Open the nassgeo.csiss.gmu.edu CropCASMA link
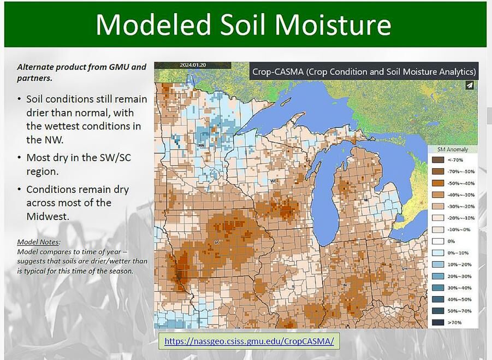click(249, 341)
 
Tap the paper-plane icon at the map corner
click(470, 85)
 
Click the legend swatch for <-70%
click(438, 160)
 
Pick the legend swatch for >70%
click(438, 322)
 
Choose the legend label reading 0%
click(451, 241)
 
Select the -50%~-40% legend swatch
click(438, 183)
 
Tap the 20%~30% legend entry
click(438, 276)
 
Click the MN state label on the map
click(201, 146)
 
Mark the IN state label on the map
click(345, 285)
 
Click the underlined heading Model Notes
click(38, 241)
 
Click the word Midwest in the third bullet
click(48, 216)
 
